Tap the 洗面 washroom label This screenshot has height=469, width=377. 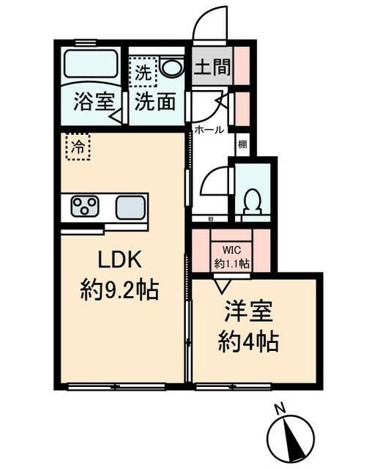pos(154,102)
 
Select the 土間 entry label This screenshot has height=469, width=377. pos(212,69)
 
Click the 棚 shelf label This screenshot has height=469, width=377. pos(242,144)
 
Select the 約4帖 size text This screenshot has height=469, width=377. pos(250,341)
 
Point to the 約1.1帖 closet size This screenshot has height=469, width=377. pos(231,262)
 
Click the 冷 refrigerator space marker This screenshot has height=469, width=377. pos(77,147)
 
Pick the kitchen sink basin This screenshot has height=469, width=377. pos(130,207)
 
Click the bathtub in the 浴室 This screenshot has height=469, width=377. pos(93,65)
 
